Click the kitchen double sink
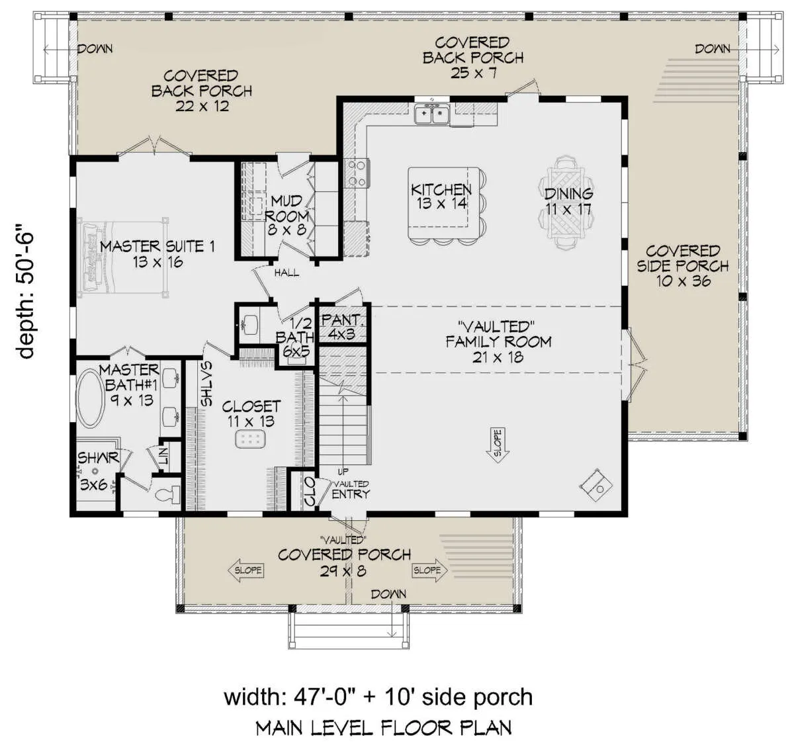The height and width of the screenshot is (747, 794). [432, 114]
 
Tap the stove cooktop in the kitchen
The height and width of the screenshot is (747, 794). [357, 173]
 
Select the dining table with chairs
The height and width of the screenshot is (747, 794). [567, 202]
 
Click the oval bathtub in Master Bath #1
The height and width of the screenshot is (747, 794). [91, 399]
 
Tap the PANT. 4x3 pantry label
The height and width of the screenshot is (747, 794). [341, 327]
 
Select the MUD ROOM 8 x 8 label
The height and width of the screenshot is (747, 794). [287, 214]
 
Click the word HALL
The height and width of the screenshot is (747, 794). [287, 273]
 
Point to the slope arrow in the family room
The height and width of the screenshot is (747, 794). [498, 445]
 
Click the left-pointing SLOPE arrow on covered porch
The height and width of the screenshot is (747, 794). [245, 570]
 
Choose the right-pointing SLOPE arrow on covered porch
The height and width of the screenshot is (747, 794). [430, 570]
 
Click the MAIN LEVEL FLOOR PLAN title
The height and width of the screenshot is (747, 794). [384, 727]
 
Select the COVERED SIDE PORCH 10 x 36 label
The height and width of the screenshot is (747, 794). [682, 266]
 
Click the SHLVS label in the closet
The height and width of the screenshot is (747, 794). [206, 384]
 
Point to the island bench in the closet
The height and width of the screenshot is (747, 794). [250, 439]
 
